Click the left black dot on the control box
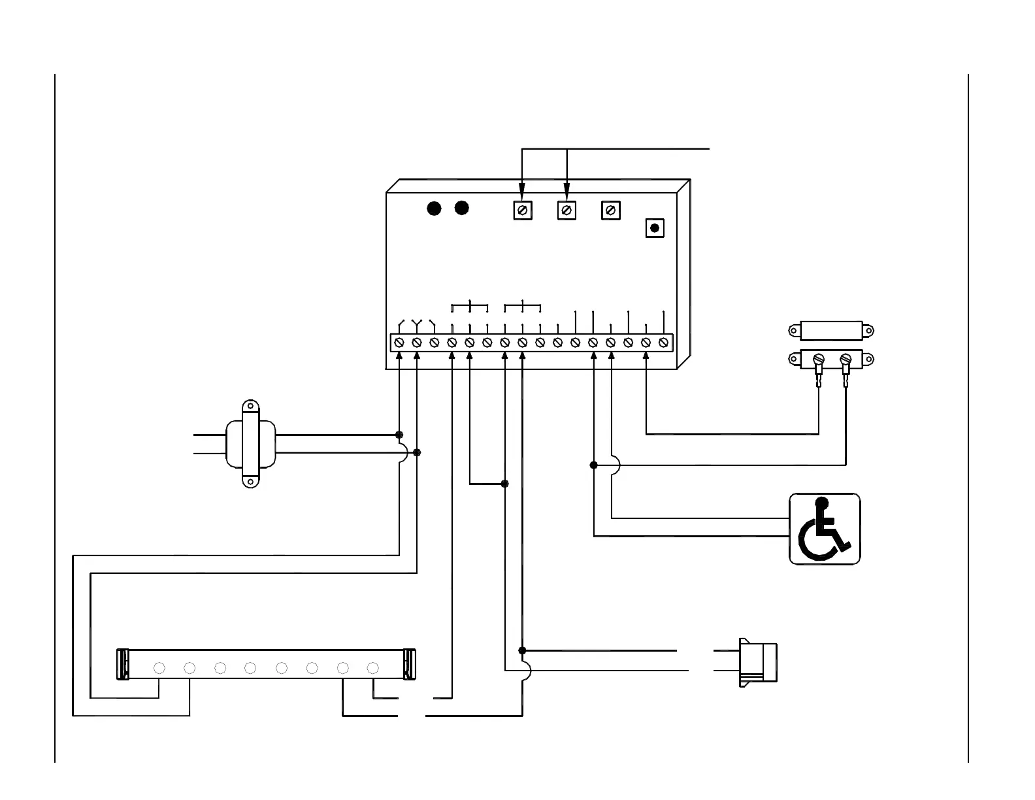point(434,208)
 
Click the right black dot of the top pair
point(462,208)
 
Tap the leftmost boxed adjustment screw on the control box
point(522,210)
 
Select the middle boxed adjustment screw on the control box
point(567,210)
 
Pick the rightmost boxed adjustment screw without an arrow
point(610,210)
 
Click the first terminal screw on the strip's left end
point(399,342)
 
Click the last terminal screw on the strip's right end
point(663,342)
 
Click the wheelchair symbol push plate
point(825,529)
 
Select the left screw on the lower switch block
point(817,359)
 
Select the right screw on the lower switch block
point(846,359)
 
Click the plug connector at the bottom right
point(757,662)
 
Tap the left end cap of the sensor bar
point(122,665)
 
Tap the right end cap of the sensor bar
point(410,665)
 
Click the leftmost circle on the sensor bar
point(159,668)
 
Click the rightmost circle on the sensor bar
point(373,668)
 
